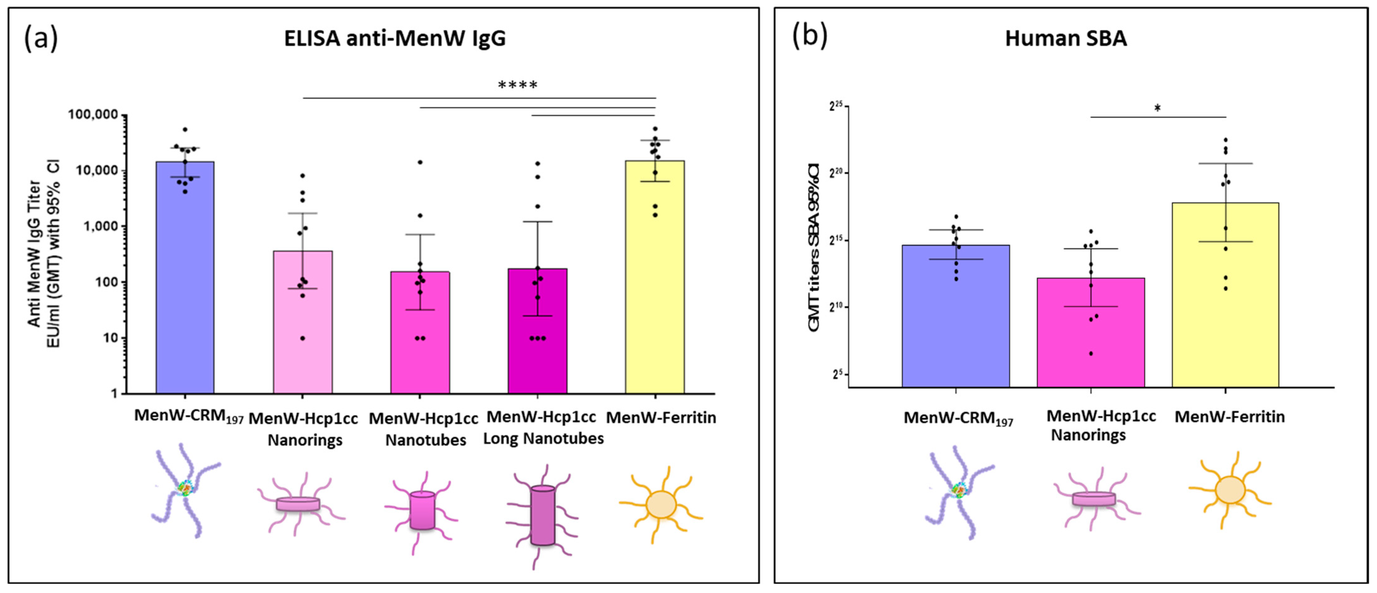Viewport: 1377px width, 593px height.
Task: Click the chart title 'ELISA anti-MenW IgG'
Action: (395, 39)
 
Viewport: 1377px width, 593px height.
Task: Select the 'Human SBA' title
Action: (1066, 39)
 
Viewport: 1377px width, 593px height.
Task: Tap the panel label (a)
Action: (41, 39)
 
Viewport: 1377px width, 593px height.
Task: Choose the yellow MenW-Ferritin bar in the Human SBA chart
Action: (1225, 310)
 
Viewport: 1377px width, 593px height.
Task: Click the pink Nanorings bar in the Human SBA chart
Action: (1091, 342)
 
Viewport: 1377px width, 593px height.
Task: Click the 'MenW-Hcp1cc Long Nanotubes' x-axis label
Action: (543, 428)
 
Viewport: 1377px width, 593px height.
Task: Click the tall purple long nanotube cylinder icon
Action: (543, 516)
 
